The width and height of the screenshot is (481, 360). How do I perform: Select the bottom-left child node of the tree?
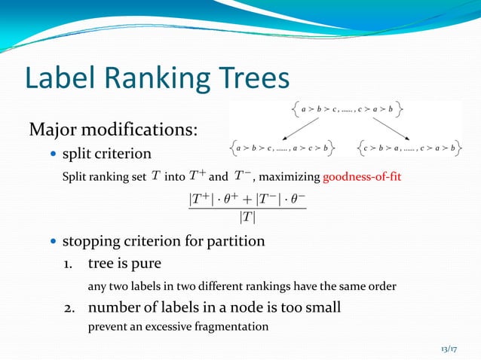point(283,148)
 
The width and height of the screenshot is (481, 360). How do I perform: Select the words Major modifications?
point(113,130)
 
